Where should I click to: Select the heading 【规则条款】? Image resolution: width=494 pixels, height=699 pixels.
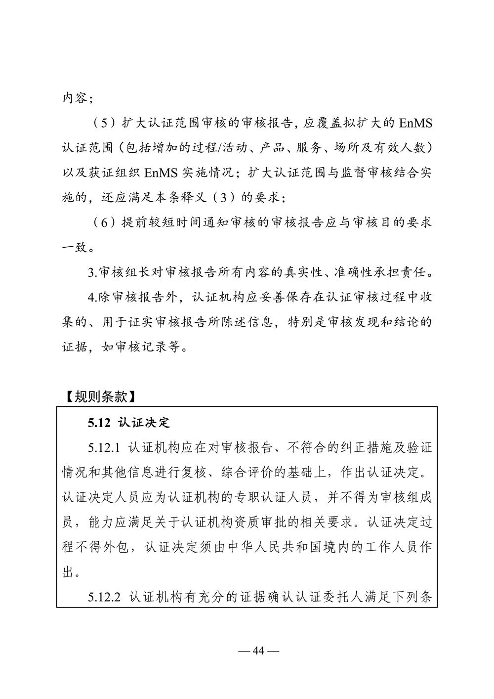(x=99, y=396)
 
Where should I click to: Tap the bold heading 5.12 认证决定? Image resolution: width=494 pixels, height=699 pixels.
(x=129, y=423)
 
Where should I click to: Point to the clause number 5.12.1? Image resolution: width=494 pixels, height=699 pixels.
(x=105, y=448)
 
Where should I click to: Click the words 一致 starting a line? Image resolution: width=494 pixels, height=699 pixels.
(x=75, y=247)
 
